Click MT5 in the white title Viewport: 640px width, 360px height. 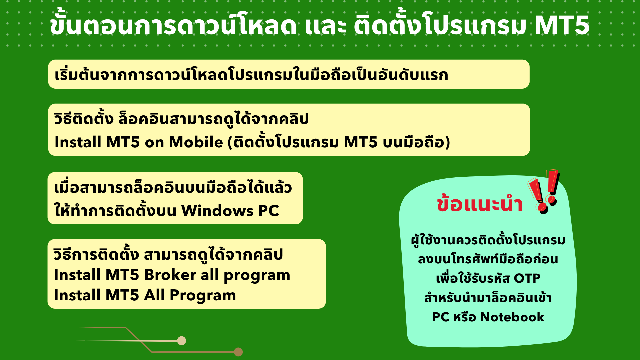point(562,25)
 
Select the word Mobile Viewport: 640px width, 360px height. point(196,142)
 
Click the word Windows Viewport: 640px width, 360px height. point(217,211)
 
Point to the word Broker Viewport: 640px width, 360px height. point(170,275)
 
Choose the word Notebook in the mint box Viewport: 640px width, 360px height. point(512,317)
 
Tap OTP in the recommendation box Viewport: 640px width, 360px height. point(527,278)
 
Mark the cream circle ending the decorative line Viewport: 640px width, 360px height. point(182,341)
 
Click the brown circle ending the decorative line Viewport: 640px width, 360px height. point(238,352)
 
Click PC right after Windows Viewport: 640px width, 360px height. point(269,211)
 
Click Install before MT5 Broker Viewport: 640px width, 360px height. point(77,275)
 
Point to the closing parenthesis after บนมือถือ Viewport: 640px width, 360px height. point(448,142)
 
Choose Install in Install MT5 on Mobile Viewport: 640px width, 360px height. point(78,142)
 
